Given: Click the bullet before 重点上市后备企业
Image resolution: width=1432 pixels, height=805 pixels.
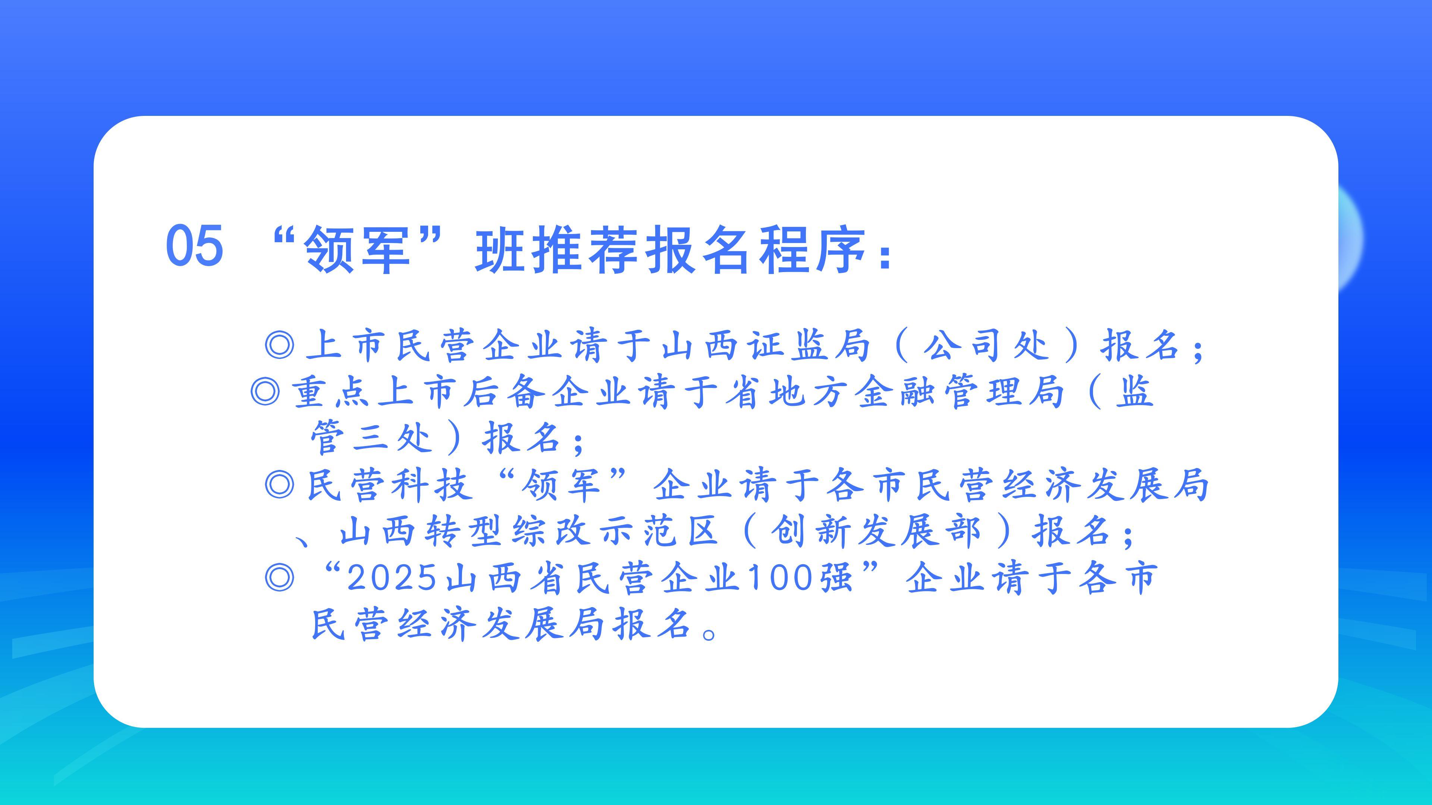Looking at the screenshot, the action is [265, 392].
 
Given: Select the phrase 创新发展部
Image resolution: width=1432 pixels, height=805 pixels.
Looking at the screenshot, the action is [876, 531].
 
